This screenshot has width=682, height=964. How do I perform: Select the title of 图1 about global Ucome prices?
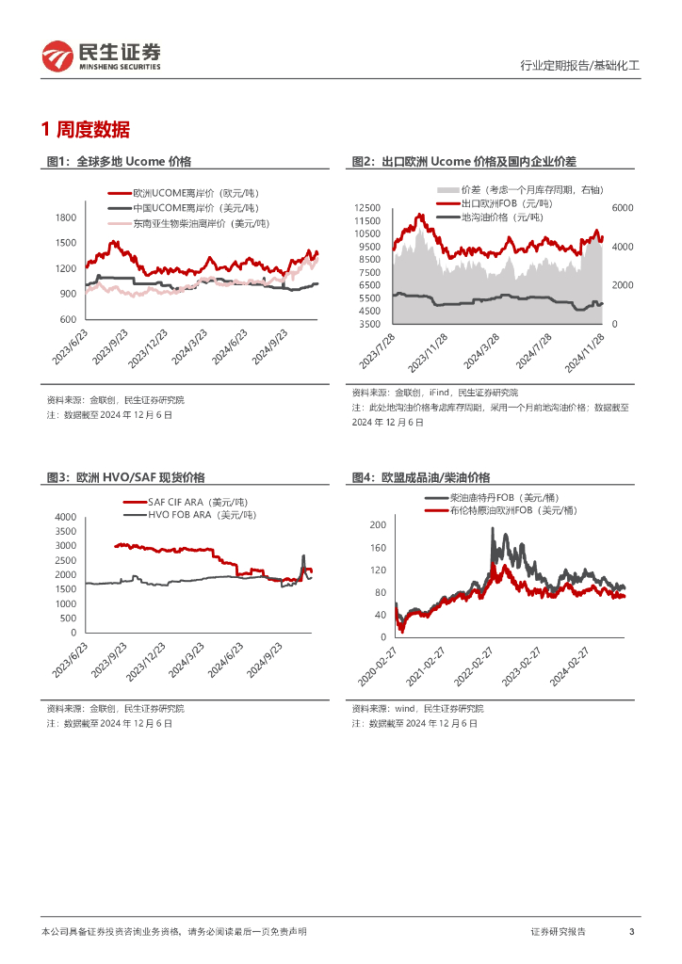[119, 162]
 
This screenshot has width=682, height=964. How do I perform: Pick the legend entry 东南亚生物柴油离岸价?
[200, 223]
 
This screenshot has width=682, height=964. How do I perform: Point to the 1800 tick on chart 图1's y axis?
[66, 217]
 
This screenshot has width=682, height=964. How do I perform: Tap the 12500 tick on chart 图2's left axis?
[366, 208]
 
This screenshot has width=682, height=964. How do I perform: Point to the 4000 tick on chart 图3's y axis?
[65, 518]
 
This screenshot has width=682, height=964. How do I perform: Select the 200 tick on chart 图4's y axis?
[377, 524]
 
